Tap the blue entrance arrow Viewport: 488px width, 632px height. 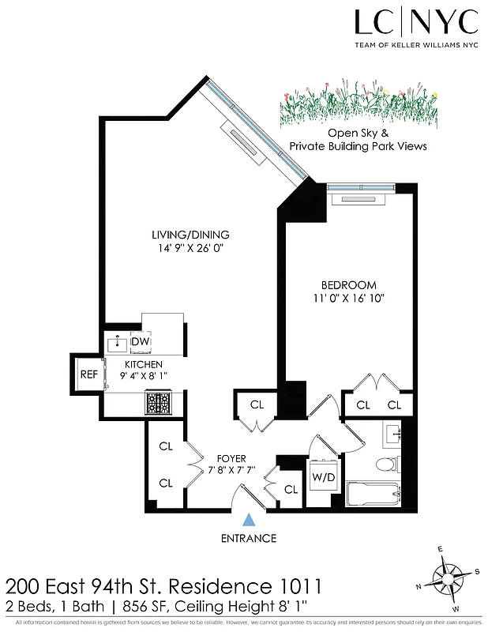click(x=249, y=519)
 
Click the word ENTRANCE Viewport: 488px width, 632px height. click(x=249, y=539)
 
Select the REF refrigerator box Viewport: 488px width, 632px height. click(x=88, y=374)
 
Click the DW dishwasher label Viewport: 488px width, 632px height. click(x=141, y=341)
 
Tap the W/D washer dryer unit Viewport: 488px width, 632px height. click(x=322, y=476)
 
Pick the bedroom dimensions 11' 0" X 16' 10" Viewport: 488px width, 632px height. click(x=348, y=299)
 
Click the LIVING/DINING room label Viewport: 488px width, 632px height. click(x=190, y=234)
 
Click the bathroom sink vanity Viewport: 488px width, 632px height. click(x=392, y=433)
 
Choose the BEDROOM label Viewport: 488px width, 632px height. click(x=348, y=284)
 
